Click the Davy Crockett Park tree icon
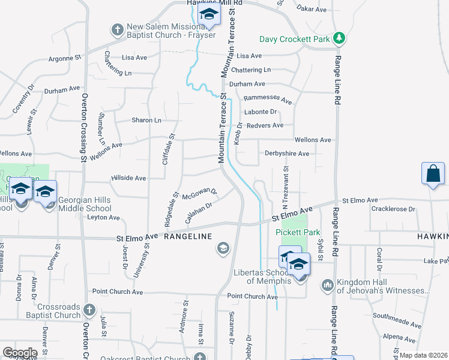(340, 38)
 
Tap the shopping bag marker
(433, 175)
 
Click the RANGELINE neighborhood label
(188, 236)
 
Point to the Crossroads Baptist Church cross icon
(89, 310)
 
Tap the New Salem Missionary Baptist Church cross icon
(116, 29)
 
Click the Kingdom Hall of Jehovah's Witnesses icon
(327, 284)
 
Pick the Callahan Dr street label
(199, 213)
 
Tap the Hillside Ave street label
(128, 178)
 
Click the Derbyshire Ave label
(287, 154)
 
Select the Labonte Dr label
(261, 112)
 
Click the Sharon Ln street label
(147, 121)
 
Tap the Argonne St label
(64, 58)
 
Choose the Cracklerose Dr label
(393, 209)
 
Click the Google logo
(19, 353)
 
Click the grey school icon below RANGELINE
(223, 248)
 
